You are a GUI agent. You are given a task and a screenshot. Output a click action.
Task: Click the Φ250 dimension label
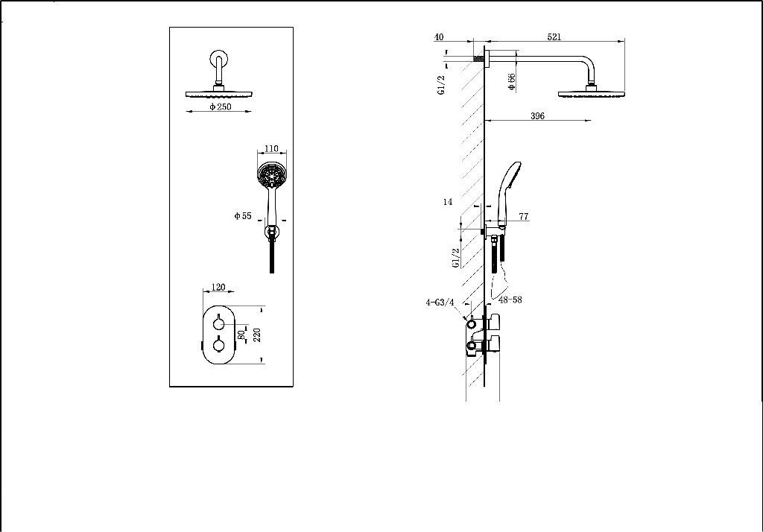(x=221, y=107)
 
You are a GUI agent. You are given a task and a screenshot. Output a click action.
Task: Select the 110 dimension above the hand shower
(x=271, y=149)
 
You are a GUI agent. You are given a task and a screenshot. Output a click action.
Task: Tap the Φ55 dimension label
(x=243, y=216)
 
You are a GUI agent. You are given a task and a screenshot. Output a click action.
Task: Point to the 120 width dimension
(x=218, y=287)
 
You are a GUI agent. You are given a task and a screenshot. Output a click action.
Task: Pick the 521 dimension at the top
(x=554, y=36)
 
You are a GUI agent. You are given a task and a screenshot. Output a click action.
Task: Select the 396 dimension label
(x=537, y=115)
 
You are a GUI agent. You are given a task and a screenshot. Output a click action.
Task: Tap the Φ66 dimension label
(x=512, y=82)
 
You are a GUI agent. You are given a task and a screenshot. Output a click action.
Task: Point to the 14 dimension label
(x=448, y=202)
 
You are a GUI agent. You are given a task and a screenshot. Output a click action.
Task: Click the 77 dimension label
(x=523, y=217)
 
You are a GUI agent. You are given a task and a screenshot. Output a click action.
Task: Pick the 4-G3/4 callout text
(x=440, y=303)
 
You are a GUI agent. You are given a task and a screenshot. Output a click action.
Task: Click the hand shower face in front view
(x=271, y=177)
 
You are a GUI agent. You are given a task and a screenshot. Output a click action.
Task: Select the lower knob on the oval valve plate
(x=218, y=346)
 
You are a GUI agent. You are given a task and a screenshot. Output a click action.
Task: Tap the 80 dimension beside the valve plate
(x=241, y=335)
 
